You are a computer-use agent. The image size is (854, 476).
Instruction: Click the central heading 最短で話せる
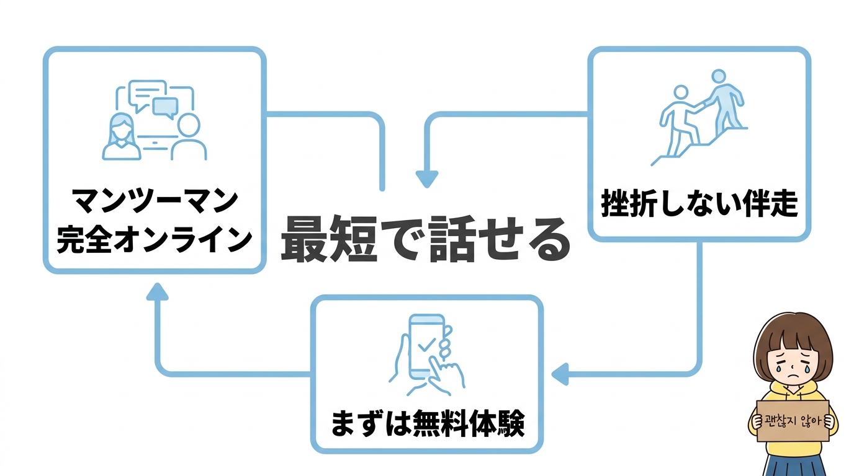point(425,240)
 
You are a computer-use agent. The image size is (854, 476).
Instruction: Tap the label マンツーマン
point(155,200)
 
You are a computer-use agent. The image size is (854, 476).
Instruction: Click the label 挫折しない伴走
point(699,204)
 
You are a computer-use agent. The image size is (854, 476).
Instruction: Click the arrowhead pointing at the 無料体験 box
point(560,374)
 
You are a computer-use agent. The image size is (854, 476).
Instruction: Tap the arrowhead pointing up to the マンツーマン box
point(158,291)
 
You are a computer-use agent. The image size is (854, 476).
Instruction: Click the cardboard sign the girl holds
point(793,420)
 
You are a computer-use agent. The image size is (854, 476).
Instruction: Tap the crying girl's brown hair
point(793,332)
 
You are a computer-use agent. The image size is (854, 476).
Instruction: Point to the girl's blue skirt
point(793,465)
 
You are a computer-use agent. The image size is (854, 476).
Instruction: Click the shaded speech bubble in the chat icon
point(165,107)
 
